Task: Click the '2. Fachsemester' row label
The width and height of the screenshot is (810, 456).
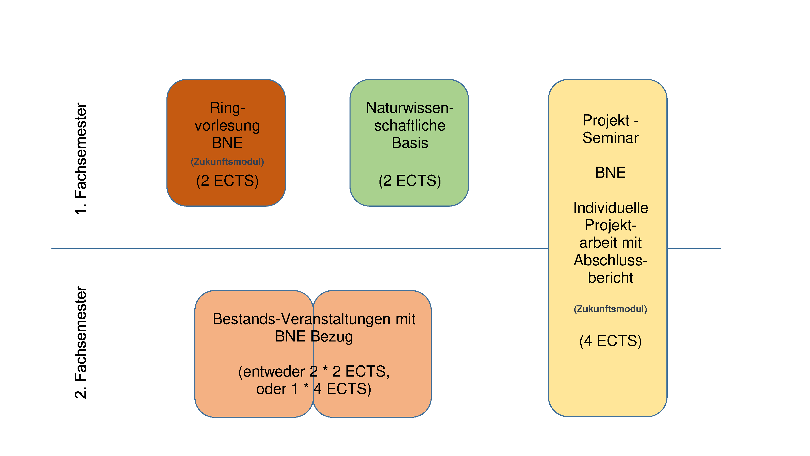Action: tap(81, 342)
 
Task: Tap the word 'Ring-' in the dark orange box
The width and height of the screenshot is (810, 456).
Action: tap(227, 108)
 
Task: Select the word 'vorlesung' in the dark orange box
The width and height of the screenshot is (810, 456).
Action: tap(227, 126)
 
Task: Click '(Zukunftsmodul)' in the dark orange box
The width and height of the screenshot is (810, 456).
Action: tap(227, 162)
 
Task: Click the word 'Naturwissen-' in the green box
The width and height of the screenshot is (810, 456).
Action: tap(410, 108)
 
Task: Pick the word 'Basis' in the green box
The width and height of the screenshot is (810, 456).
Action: tap(410, 143)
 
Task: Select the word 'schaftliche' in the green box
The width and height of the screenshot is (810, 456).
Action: tap(410, 126)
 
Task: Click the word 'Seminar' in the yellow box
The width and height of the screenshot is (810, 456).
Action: tap(610, 138)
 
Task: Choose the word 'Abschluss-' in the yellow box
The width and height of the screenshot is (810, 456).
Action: tap(610, 260)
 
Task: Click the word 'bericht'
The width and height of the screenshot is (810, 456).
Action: tap(610, 278)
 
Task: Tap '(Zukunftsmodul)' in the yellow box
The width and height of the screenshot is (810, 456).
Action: tap(610, 309)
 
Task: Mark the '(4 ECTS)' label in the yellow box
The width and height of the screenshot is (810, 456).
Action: tap(610, 341)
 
